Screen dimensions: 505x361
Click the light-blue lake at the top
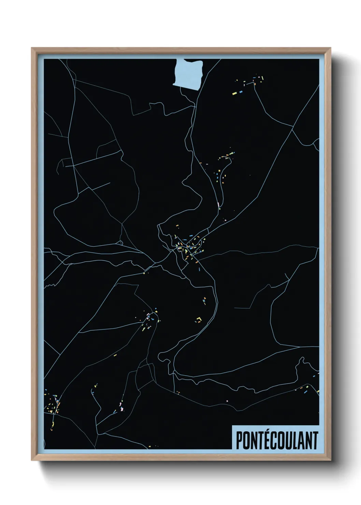coord(189,74)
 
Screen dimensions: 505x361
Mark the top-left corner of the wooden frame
coord(32,48)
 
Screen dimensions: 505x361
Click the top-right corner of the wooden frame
coord(331,48)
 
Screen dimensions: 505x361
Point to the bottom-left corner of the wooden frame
coord(32,460)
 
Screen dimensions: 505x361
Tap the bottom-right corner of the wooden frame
coord(331,460)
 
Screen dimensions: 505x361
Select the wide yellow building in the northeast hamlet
coord(235,93)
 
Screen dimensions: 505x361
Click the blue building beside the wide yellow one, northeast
coord(240,92)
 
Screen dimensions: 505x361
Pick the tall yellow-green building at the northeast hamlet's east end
coord(262,78)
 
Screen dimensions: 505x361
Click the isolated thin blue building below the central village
coord(199,270)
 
